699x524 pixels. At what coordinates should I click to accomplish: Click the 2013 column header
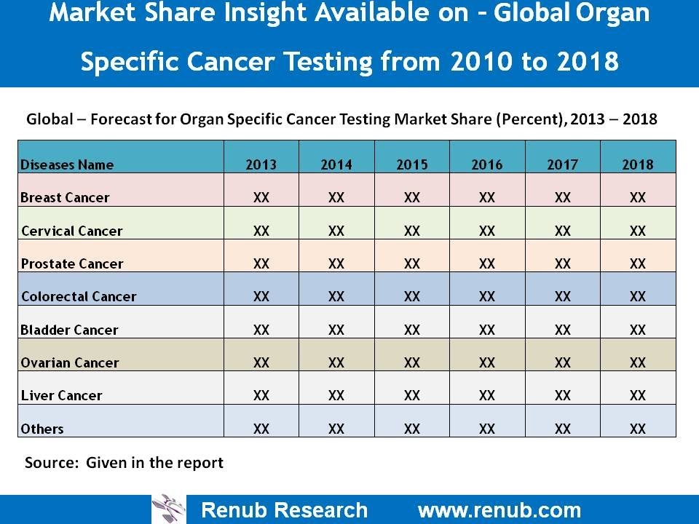click(261, 164)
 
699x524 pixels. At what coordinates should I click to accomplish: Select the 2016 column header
click(486, 164)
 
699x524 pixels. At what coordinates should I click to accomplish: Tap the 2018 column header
click(637, 164)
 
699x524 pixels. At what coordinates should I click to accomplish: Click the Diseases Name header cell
click(67, 164)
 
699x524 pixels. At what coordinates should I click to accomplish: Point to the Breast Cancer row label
click(65, 197)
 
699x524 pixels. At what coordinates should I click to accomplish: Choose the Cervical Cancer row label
click(71, 231)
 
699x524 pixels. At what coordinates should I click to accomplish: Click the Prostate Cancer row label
click(71, 263)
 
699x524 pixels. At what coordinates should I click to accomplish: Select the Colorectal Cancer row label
click(79, 296)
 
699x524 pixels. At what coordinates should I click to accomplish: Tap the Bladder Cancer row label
click(69, 330)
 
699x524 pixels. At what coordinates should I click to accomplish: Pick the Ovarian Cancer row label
click(70, 362)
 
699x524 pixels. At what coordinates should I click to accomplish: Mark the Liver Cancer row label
click(61, 395)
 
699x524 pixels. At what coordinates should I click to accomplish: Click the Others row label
click(42, 429)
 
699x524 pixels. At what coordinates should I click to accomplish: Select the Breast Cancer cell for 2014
click(336, 197)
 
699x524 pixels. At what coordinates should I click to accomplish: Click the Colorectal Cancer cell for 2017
click(562, 296)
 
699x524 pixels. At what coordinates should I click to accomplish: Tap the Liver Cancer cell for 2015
click(411, 395)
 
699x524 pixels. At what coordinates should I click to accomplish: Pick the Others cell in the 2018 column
click(637, 429)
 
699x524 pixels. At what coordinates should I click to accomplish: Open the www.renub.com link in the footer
click(499, 509)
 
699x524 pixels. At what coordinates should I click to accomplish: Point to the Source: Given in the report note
click(124, 462)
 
